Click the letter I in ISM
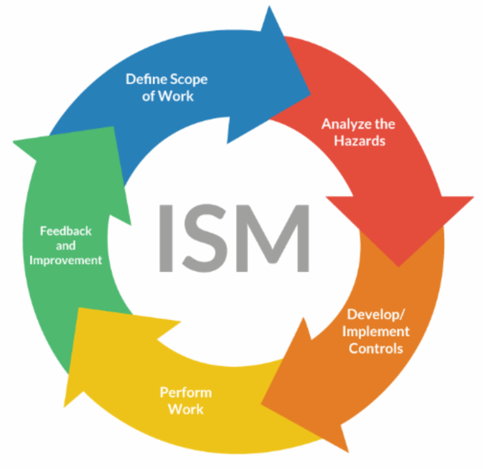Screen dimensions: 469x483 click(x=166, y=238)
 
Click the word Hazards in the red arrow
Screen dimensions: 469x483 click(x=359, y=141)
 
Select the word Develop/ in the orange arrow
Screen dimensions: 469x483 click(x=375, y=314)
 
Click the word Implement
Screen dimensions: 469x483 click(x=375, y=331)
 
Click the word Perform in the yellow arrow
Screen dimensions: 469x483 click(x=185, y=392)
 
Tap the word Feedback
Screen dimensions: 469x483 click(x=66, y=231)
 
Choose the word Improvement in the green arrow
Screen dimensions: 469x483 click(x=66, y=260)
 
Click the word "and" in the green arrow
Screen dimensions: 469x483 click(x=66, y=246)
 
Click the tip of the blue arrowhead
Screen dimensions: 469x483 click(x=310, y=92)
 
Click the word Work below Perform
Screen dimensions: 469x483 click(x=185, y=409)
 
